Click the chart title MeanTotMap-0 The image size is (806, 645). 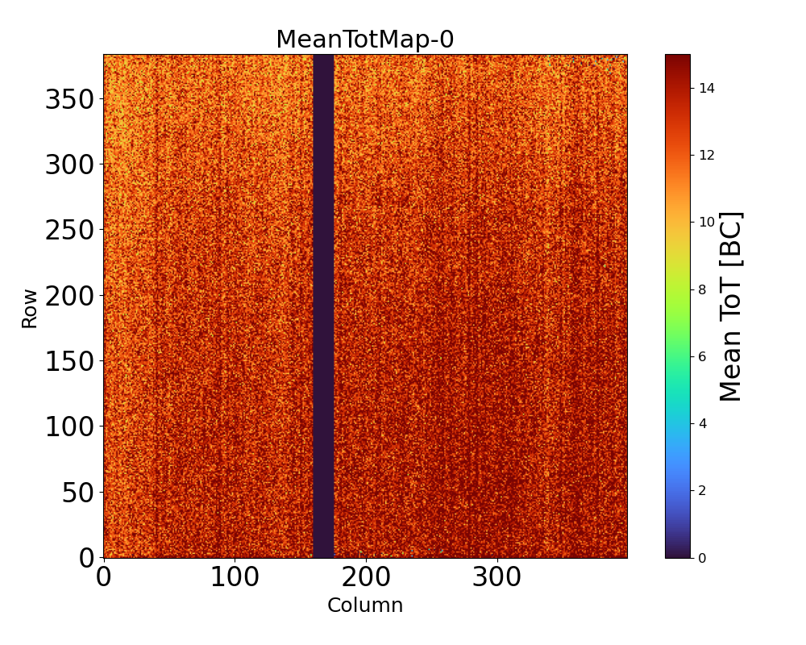(364, 40)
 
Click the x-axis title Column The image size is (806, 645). (364, 605)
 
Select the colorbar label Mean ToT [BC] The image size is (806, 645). (730, 306)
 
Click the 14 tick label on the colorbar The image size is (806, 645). (707, 88)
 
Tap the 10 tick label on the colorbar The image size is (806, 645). (707, 223)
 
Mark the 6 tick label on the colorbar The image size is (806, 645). (703, 356)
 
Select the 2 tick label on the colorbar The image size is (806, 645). (703, 490)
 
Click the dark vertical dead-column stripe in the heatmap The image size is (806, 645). (323, 306)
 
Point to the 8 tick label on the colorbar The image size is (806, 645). (703, 289)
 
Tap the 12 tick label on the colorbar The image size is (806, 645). (707, 155)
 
